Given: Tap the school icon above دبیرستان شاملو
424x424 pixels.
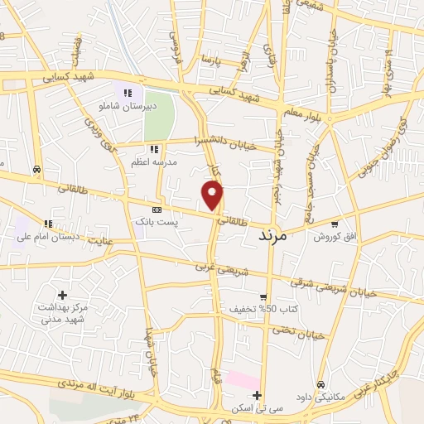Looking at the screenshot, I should click(x=127, y=94).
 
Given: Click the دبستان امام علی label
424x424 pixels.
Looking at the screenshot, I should click(x=48, y=237).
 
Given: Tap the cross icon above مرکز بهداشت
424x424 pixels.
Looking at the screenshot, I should click(x=62, y=295).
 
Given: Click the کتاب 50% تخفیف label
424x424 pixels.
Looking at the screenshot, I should click(x=263, y=310).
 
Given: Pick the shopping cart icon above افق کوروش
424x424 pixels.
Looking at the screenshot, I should click(x=334, y=224).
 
